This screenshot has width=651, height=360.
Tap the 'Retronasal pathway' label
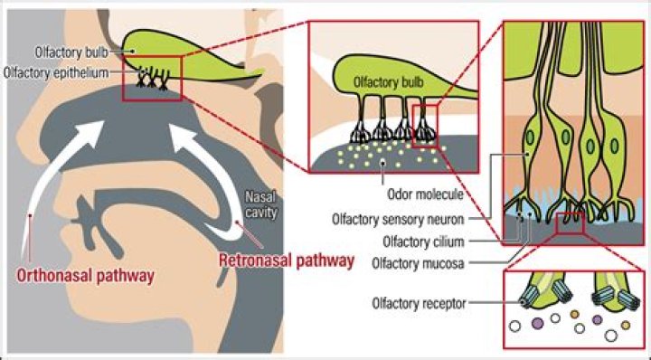point(287,261)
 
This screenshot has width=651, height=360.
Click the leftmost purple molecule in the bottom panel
point(535,322)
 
